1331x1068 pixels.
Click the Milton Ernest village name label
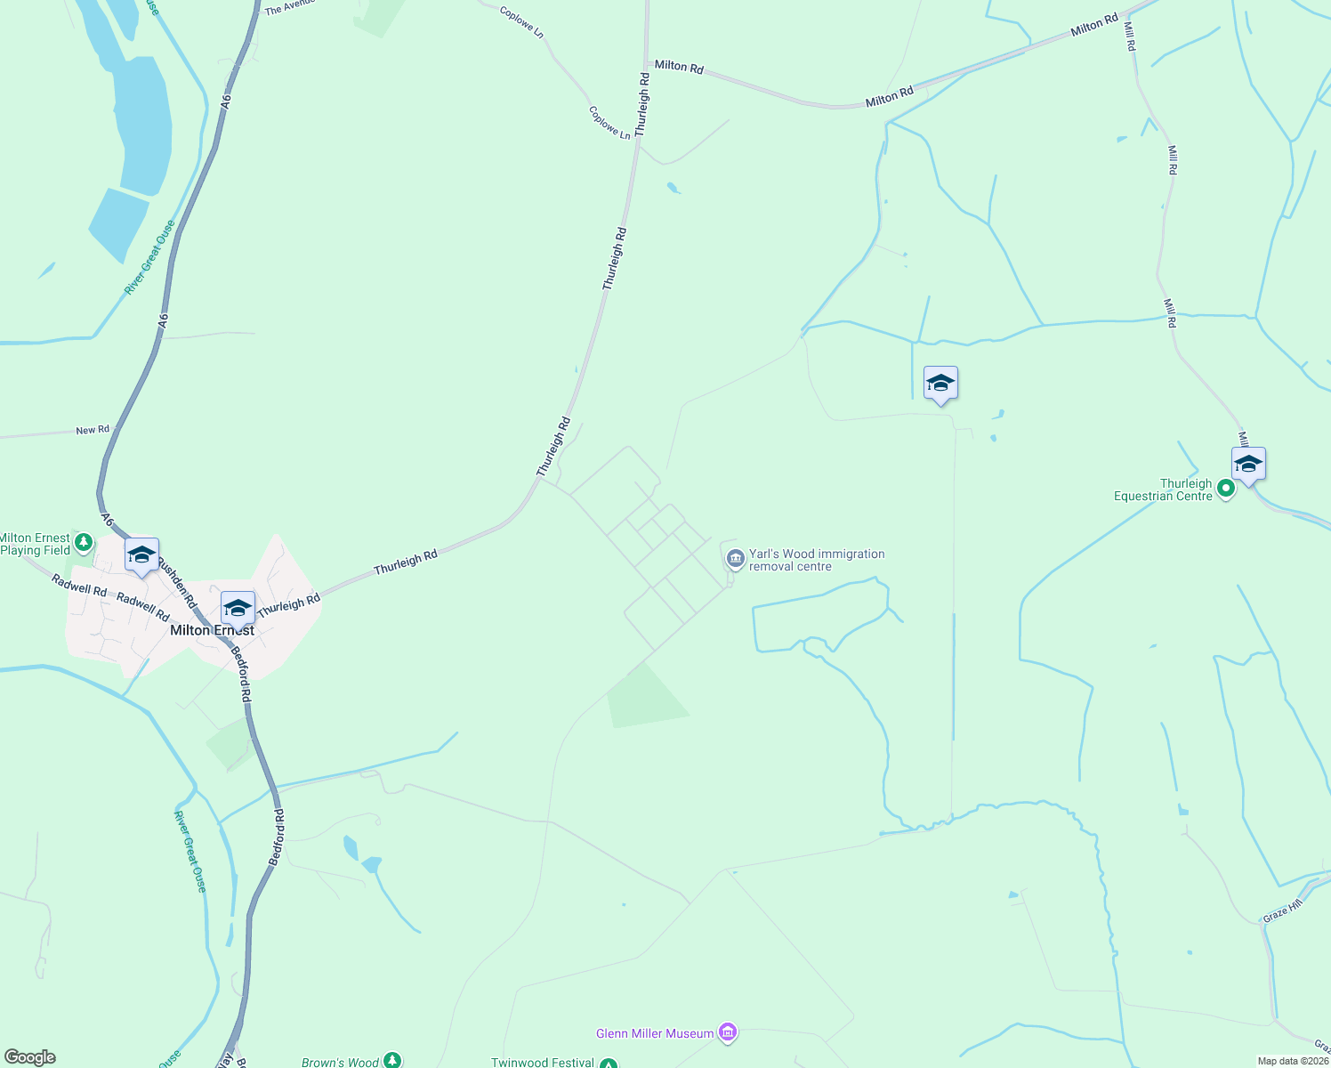[212, 630]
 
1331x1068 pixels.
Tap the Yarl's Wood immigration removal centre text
[816, 560]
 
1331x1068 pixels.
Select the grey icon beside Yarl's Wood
[735, 559]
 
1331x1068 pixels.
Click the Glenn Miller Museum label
[655, 1033]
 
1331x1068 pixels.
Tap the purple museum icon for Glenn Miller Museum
[728, 1032]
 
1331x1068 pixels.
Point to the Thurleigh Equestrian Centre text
[1164, 490]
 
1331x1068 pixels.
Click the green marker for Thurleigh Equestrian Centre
[1225, 488]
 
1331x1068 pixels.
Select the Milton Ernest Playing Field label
[35, 544]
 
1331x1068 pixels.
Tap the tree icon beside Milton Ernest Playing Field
[84, 542]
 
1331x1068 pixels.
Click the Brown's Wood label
[340, 1062]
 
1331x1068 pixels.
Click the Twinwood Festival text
[543, 1063]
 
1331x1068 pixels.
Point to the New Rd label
[93, 430]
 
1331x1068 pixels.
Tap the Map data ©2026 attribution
[1292, 1061]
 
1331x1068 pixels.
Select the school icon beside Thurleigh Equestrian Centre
[1248, 465]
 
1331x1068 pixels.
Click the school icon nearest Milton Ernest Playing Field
[142, 555]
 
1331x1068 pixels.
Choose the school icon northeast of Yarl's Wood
[940, 384]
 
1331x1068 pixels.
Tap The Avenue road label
[289, 7]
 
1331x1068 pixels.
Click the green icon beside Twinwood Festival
[609, 1064]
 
